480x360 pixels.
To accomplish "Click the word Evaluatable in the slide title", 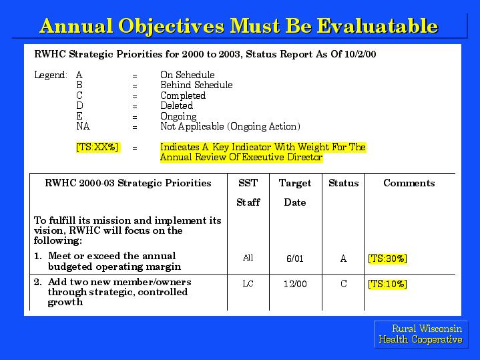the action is click(377, 25).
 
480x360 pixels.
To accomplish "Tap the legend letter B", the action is click(79, 85).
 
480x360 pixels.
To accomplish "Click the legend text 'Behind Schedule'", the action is click(196, 85).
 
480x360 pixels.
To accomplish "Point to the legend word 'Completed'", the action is click(183, 96).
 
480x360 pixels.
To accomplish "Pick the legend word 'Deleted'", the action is click(177, 106).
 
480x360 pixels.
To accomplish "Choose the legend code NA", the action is click(83, 126).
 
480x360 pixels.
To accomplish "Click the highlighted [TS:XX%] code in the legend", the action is click(97, 147).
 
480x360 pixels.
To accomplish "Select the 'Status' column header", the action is click(343, 183).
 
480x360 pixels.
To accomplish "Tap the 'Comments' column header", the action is click(409, 183).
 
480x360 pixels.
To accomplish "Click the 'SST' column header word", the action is click(248, 183).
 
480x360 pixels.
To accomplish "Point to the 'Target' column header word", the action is click(295, 183).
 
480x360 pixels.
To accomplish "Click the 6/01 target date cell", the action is click(295, 258).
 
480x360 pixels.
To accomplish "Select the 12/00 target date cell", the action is click(295, 284).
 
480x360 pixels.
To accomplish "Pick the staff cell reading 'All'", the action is click(248, 258).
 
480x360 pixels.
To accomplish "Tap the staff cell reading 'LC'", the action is click(248, 284).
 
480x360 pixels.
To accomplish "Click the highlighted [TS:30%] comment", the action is click(388, 258).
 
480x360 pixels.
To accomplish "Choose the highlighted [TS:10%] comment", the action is click(388, 284).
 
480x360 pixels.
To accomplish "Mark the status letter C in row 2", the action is click(343, 284).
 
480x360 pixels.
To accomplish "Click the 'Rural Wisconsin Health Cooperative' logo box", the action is click(421, 334).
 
